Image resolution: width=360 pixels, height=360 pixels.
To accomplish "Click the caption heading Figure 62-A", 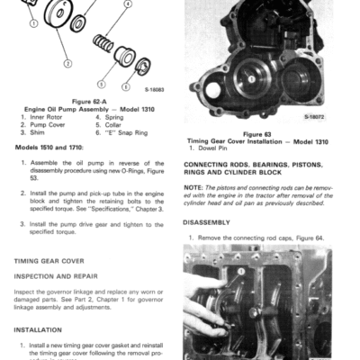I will [91, 103].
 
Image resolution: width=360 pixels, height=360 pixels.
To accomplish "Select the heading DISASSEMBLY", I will [208, 221].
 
